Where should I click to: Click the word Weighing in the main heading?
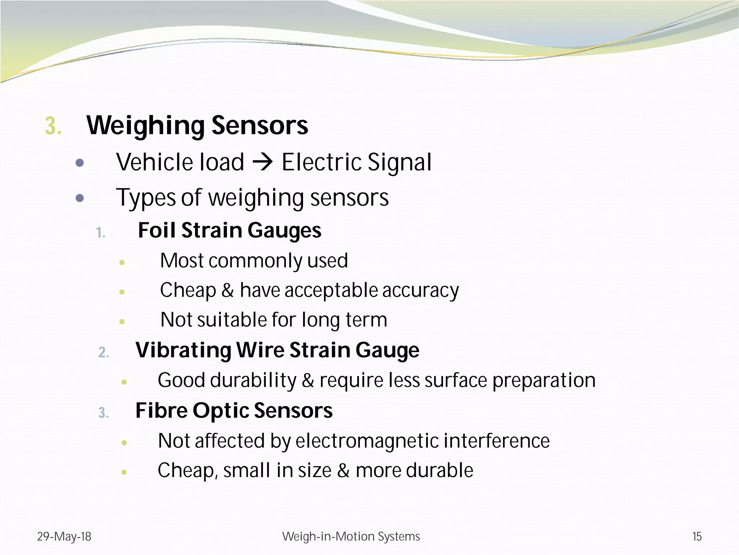coord(146,126)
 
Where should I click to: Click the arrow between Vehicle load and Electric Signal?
coord(263,162)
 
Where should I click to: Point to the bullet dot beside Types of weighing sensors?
coord(80,198)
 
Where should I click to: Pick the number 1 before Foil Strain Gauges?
coord(101,233)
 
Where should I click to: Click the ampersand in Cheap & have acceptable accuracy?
coord(227,290)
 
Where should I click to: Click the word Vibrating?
coord(183,350)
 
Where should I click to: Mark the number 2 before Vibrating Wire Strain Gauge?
coord(103,353)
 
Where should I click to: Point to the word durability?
coord(253,380)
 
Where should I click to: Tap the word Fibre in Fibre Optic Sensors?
coord(161,411)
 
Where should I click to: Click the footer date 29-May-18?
coord(64,537)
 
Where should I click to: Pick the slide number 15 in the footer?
coord(697,537)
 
